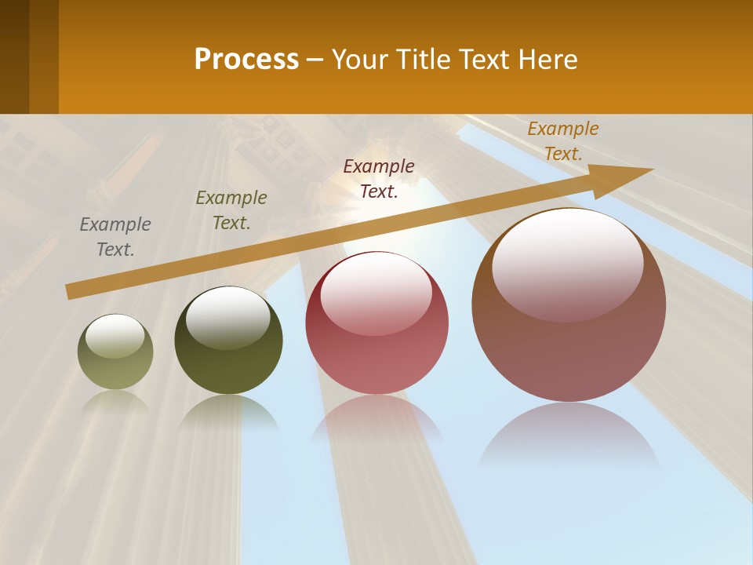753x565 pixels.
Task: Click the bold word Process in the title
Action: (x=246, y=60)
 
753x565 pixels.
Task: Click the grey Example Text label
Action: (x=115, y=237)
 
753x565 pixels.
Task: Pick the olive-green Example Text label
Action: (x=231, y=210)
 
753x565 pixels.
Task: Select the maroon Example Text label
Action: (x=379, y=178)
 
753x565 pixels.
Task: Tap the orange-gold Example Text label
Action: (x=563, y=141)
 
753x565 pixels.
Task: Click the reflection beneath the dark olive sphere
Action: (x=228, y=414)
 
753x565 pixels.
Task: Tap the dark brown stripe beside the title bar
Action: (x=30, y=56)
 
